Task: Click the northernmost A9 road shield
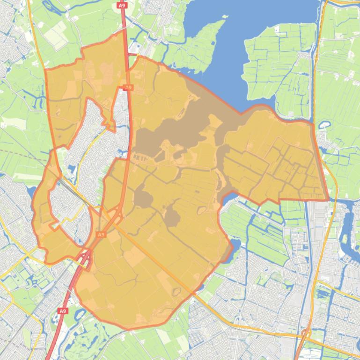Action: coord(122,5)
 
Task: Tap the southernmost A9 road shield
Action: coord(63,310)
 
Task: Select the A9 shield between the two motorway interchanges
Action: coord(101,234)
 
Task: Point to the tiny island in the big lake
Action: coord(225,17)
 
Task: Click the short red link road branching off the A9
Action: coord(133,55)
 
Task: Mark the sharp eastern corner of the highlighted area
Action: coord(327,199)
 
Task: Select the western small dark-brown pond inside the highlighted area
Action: coord(143,198)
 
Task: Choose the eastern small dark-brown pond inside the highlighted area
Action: coord(172,217)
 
